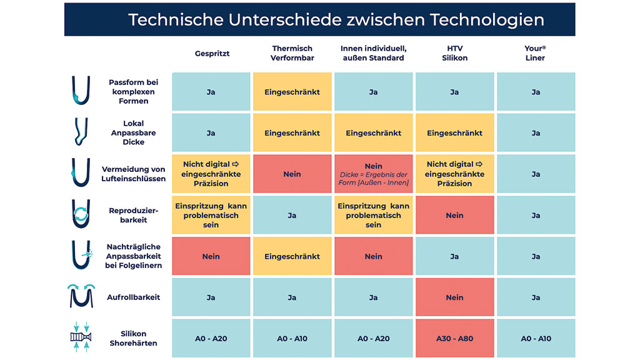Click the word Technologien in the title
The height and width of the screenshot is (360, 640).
tap(487, 19)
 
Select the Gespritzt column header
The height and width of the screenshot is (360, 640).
tap(211, 53)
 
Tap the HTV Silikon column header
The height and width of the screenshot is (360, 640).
tap(454, 53)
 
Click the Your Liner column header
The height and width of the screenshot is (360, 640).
tap(535, 53)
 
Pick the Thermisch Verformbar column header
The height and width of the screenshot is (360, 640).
tap(292, 53)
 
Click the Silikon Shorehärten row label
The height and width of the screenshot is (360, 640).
tap(133, 338)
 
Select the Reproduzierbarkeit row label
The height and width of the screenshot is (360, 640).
tap(134, 215)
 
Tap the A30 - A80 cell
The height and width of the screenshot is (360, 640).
tap(454, 339)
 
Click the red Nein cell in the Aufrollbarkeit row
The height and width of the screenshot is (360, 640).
tap(454, 297)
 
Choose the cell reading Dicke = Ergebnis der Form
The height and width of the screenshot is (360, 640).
tap(373, 174)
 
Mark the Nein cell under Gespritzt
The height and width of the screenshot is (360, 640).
tap(211, 256)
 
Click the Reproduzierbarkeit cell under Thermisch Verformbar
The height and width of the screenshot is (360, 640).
tap(292, 215)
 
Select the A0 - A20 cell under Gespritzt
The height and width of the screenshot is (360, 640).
tap(211, 339)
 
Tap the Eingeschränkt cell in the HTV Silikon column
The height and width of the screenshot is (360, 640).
tap(454, 133)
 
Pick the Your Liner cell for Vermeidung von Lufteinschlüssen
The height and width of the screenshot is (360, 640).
tap(536, 174)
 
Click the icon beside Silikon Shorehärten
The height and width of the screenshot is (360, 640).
tap(81, 338)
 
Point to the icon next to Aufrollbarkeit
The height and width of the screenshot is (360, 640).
tap(81, 296)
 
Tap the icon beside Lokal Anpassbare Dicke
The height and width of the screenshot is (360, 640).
tap(81, 132)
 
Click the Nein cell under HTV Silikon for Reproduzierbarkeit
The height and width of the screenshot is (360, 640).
tap(454, 215)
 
